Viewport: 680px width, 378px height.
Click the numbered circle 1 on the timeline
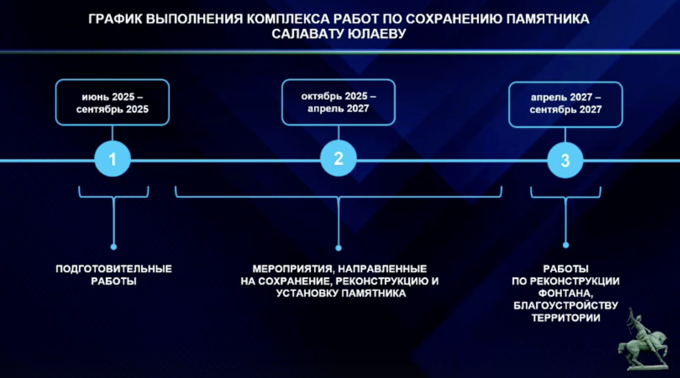(x=113, y=159)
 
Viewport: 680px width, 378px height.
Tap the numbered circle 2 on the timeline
(x=338, y=158)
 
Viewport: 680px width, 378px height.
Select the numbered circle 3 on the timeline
(x=565, y=160)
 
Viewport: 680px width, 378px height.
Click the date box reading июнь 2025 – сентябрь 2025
(x=112, y=102)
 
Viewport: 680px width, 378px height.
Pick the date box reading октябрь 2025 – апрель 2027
(x=338, y=102)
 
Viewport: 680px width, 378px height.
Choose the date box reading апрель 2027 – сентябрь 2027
(x=566, y=104)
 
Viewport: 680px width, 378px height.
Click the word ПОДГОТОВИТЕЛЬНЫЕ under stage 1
(x=114, y=269)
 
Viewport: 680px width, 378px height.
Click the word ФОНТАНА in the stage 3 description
(x=566, y=293)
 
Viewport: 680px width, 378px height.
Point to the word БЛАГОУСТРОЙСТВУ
(x=566, y=306)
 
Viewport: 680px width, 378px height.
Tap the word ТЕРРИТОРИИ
(x=566, y=318)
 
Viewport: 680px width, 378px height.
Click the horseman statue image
(x=643, y=339)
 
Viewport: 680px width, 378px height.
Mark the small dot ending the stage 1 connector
(x=113, y=247)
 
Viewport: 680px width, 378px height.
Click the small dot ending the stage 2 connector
(x=338, y=248)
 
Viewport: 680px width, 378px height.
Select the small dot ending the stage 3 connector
(x=566, y=245)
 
